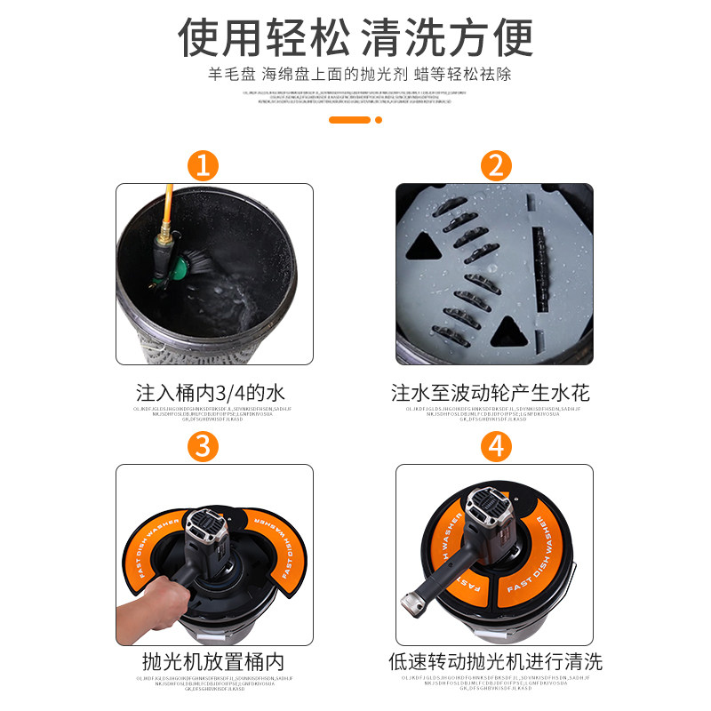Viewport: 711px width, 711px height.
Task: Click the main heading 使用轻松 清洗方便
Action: (x=355, y=37)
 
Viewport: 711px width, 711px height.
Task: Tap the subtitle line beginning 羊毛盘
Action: (x=355, y=75)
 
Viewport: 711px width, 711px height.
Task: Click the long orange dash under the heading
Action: (x=349, y=119)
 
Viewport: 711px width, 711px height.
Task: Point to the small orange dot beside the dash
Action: (x=379, y=119)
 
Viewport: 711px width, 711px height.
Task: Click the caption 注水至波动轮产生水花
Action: (x=491, y=392)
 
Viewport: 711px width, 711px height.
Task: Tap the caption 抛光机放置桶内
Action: (x=213, y=662)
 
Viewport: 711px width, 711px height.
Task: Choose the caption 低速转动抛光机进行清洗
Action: (x=495, y=662)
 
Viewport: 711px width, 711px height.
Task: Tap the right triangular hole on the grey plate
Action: (x=510, y=332)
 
